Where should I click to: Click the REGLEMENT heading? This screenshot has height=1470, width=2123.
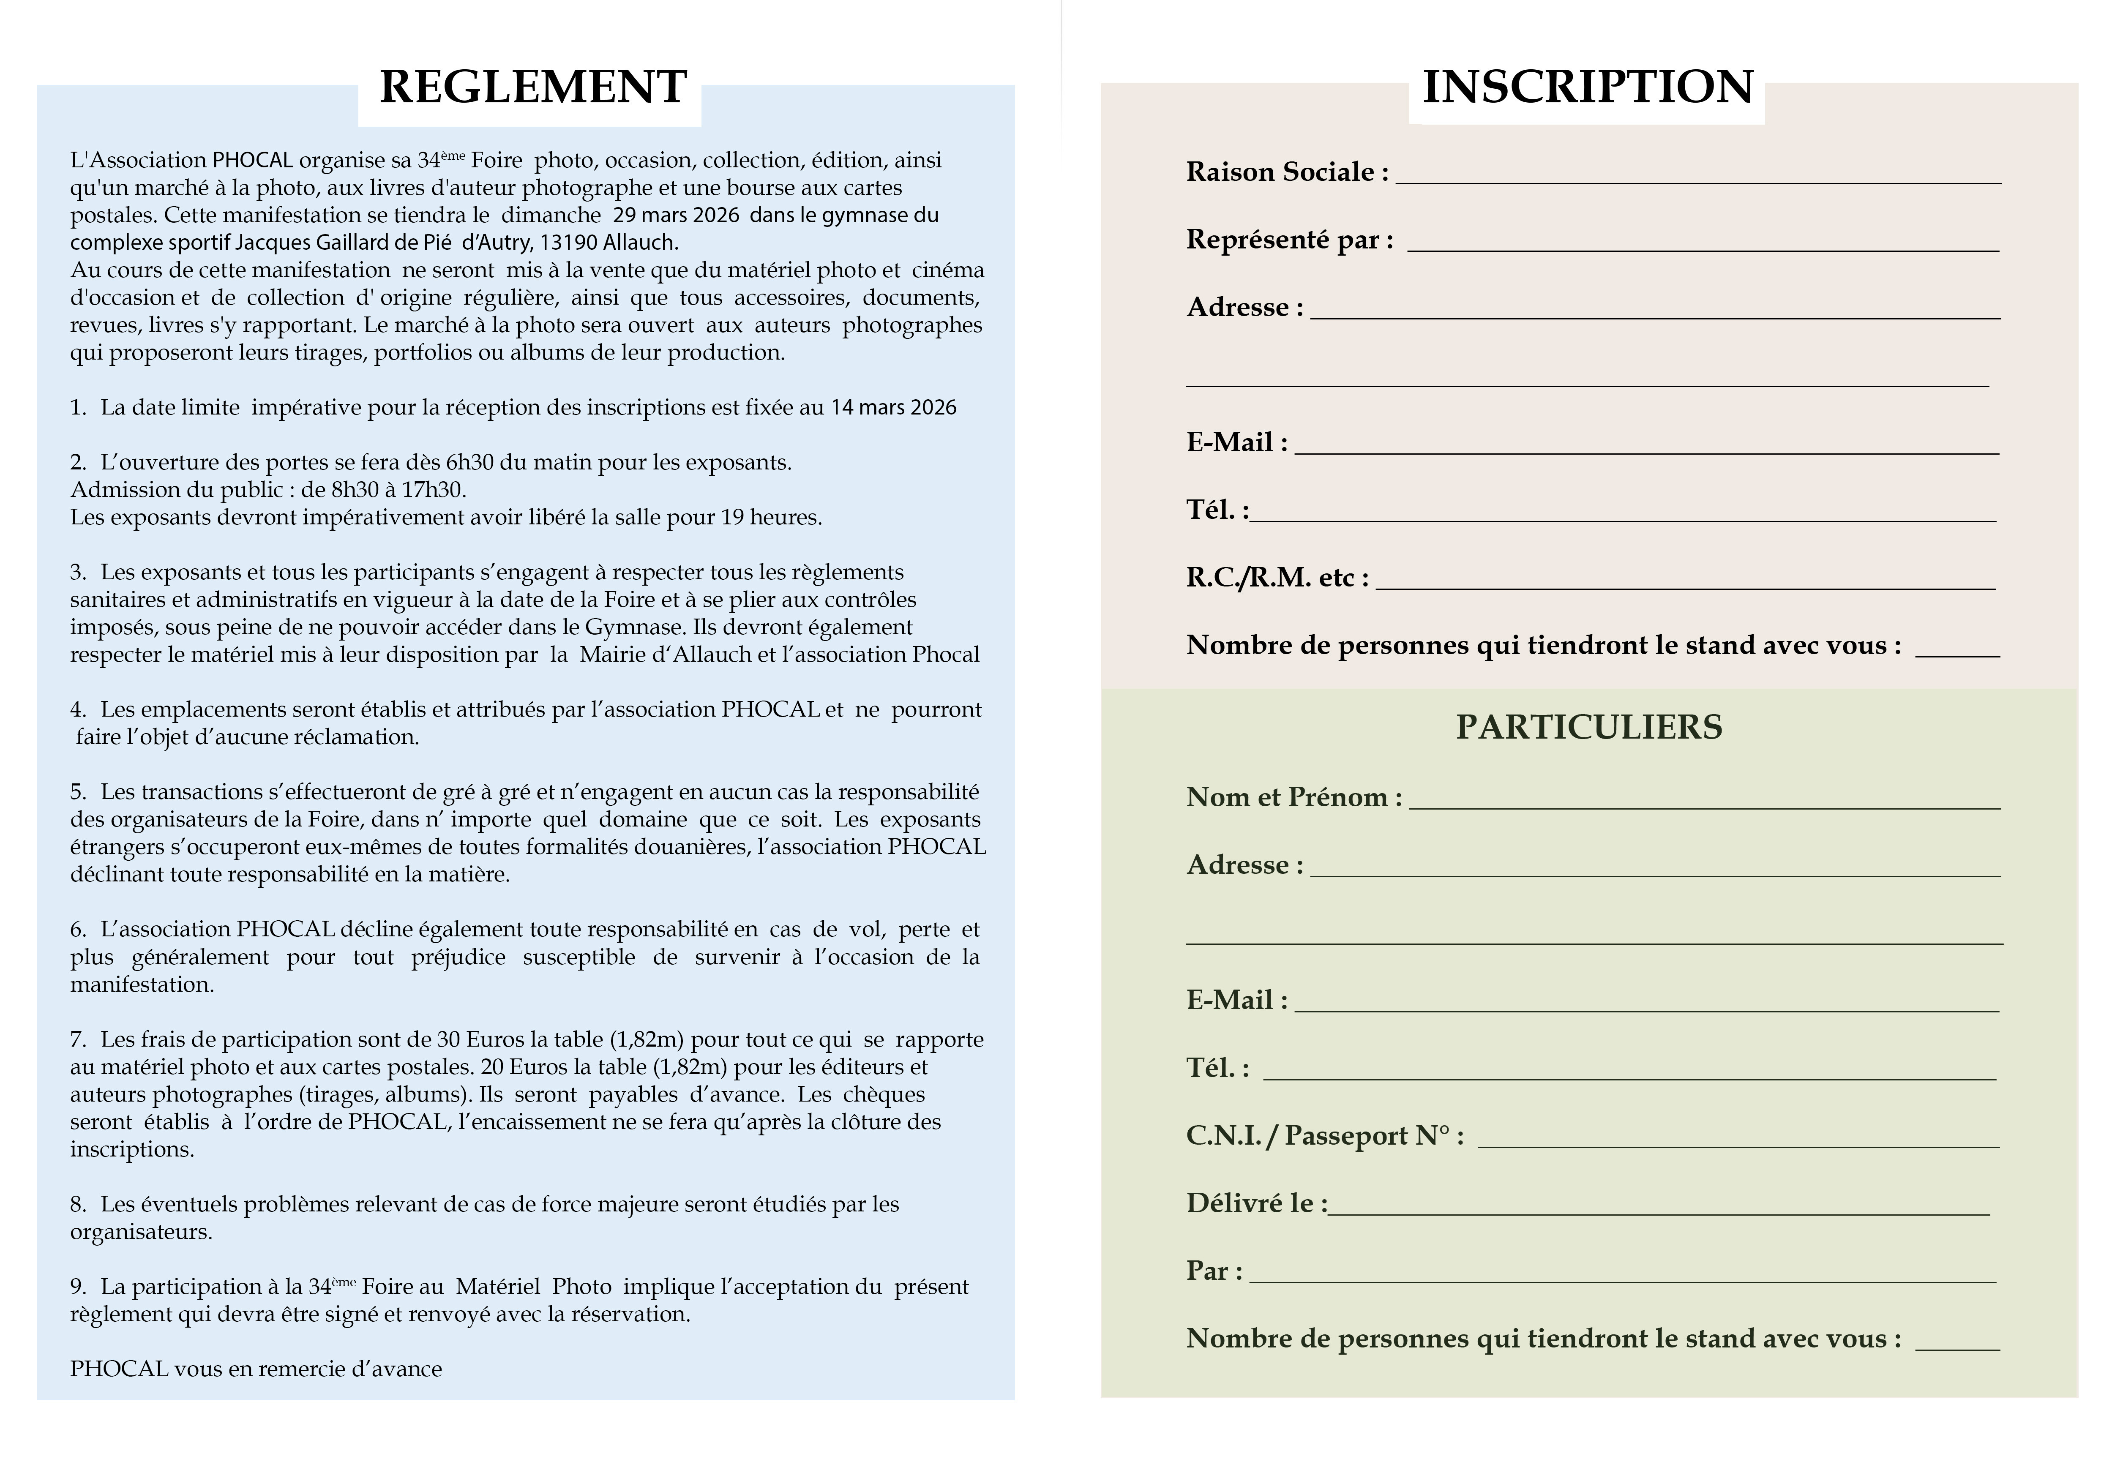pyautogui.click(x=532, y=87)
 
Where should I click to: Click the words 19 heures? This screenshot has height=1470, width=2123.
pyautogui.click(x=771, y=518)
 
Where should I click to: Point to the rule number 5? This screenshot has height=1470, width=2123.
pyautogui.click(x=77, y=792)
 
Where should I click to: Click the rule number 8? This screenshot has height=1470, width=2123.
pyautogui.click(x=77, y=1205)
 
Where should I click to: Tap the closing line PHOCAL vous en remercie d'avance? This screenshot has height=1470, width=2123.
pyautogui.click(x=256, y=1369)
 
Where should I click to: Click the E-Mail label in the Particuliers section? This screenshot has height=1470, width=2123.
pyautogui.click(x=1236, y=1000)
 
